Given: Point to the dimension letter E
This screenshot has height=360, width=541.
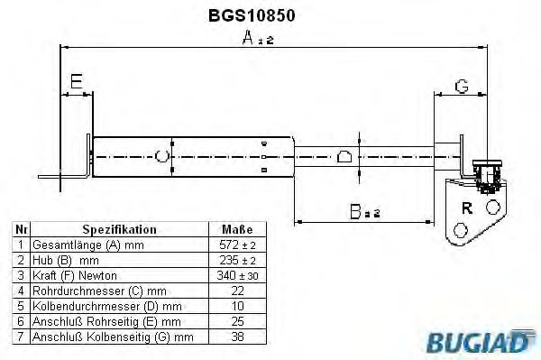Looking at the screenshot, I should point(77,82).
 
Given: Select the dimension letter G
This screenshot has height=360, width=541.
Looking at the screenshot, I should point(461,86).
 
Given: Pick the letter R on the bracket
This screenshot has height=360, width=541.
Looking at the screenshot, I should point(466,208).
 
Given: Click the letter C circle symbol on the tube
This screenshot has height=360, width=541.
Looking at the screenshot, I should point(162,156).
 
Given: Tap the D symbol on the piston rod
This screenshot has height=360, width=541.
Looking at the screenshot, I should point(344,156).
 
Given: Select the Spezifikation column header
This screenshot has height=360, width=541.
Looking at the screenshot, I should point(120,229).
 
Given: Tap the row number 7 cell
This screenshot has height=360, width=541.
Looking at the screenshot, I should point(21,337).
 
